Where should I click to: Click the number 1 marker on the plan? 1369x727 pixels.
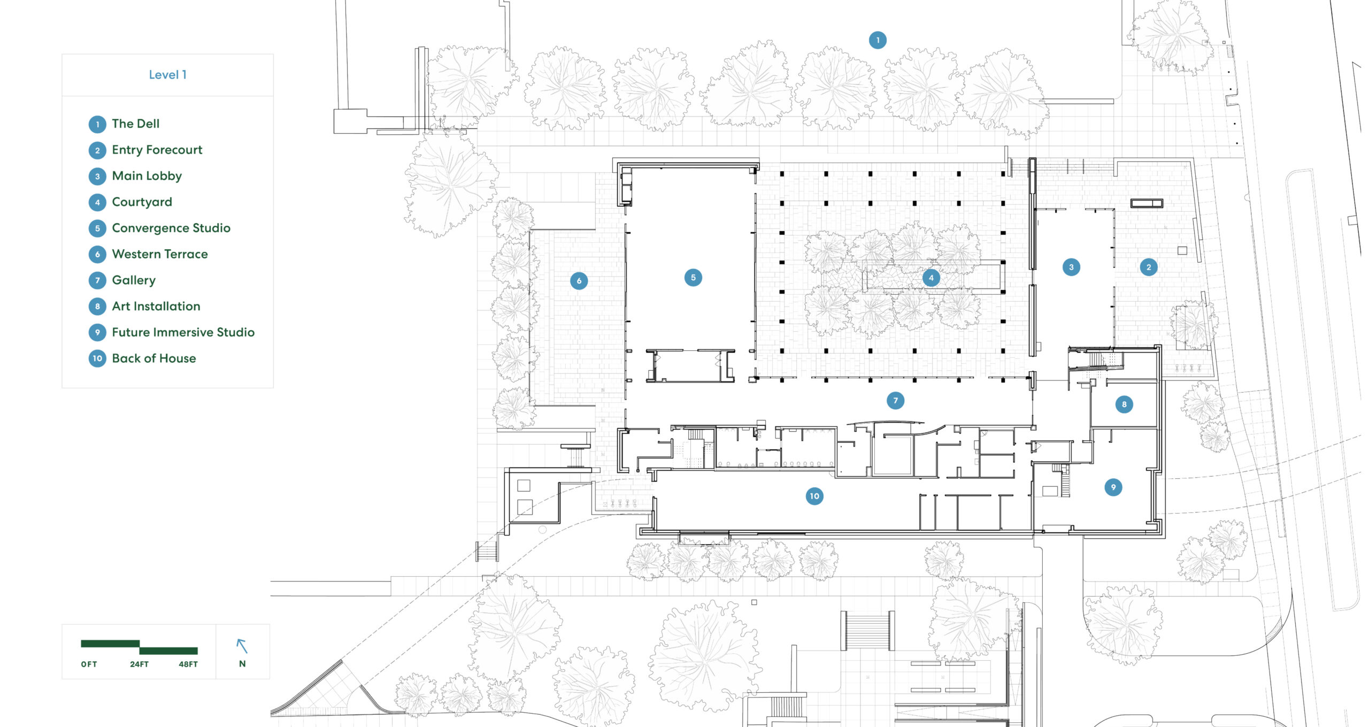pos(877,40)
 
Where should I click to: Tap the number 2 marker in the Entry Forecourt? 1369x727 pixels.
pos(1148,267)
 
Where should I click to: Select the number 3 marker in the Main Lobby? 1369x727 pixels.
pos(1071,267)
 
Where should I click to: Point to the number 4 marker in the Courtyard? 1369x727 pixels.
pos(931,278)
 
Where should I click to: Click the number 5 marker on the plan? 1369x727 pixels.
pos(693,277)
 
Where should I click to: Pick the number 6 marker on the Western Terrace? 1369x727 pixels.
pos(579,281)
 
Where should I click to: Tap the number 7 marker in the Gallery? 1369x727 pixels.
pos(895,400)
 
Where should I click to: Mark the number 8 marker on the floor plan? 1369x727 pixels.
pos(1124,404)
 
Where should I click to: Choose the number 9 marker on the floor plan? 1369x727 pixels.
pos(1113,487)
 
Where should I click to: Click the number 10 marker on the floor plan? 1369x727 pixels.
pos(814,496)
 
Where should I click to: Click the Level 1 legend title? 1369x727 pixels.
pos(167,75)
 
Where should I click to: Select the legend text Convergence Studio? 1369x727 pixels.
pos(171,228)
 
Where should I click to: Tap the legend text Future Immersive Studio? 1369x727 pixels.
pos(183,332)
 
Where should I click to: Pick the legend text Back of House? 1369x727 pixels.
pos(154,358)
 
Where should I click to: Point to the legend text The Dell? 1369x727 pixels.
pos(136,124)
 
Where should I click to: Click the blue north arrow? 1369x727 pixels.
pos(242,646)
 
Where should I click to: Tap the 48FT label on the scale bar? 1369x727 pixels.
pos(188,664)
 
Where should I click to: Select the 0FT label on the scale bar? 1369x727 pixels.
pos(89,664)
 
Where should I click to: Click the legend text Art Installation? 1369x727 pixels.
pos(156,306)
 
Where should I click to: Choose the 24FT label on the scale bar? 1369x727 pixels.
pos(139,664)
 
